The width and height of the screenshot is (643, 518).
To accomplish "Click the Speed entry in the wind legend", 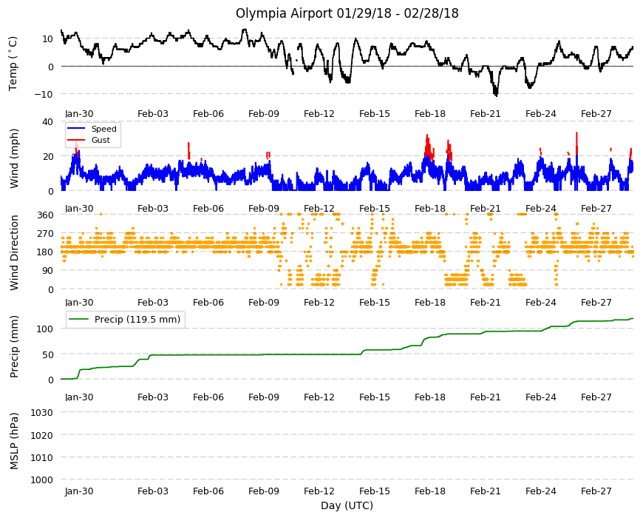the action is coord(103,129).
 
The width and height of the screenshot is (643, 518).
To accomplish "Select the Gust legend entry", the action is coord(101,140).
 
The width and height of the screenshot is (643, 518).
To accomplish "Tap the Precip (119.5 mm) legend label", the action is coord(137,320).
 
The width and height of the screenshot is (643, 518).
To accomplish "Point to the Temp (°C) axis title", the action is coord(13,64).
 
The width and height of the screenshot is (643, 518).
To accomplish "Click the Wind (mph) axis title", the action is coord(14,158).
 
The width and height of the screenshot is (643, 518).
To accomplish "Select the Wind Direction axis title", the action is coord(14,252).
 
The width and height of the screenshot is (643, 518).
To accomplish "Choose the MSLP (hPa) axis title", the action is coord(14,441).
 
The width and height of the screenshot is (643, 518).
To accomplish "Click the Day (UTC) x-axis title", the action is coord(347,505).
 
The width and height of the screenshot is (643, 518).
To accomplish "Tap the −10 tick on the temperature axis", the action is coord(44,94).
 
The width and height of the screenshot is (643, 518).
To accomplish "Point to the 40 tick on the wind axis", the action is coord(47,121).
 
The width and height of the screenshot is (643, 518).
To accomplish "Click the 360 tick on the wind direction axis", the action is coord(45,215).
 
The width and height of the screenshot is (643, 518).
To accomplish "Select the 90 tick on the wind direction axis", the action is coord(48,271).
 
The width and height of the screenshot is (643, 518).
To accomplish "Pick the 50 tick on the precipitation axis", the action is coord(48,354).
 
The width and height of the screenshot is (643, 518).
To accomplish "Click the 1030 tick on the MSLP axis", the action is coord(42,412).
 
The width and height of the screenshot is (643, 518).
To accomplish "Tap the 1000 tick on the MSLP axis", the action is coord(42,480).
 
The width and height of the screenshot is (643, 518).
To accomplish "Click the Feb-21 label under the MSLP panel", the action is coord(486,491).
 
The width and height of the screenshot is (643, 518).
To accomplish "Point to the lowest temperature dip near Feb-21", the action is coord(496,95).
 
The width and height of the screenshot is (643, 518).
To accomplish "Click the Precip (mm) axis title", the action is coord(14,347).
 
